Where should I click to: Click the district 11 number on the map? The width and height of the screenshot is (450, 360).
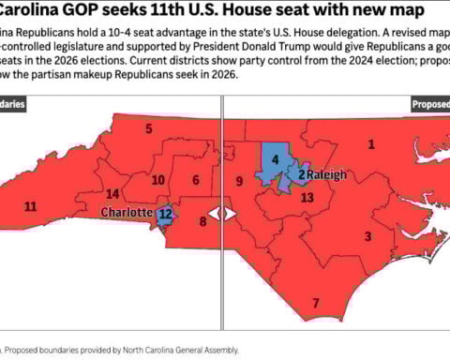[31, 206]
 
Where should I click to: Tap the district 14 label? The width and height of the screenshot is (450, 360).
[112, 194]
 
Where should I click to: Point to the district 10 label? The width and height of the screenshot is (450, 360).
[158, 180]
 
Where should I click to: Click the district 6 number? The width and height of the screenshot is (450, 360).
[196, 180]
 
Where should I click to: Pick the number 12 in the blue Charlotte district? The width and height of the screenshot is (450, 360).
[165, 214]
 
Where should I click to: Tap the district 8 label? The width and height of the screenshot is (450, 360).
[203, 221]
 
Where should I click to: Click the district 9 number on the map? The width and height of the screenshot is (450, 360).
[239, 180]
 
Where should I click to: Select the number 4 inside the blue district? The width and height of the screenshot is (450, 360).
[275, 159]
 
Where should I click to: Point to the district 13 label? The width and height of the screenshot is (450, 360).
[307, 198]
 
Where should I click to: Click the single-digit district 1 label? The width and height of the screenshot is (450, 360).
[371, 143]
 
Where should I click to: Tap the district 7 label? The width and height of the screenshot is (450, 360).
[315, 302]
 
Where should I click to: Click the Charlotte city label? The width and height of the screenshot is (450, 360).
[127, 213]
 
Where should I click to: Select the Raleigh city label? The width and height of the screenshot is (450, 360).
[324, 174]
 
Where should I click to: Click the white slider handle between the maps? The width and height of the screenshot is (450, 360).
[221, 214]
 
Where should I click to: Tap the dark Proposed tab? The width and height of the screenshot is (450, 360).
[430, 104]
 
